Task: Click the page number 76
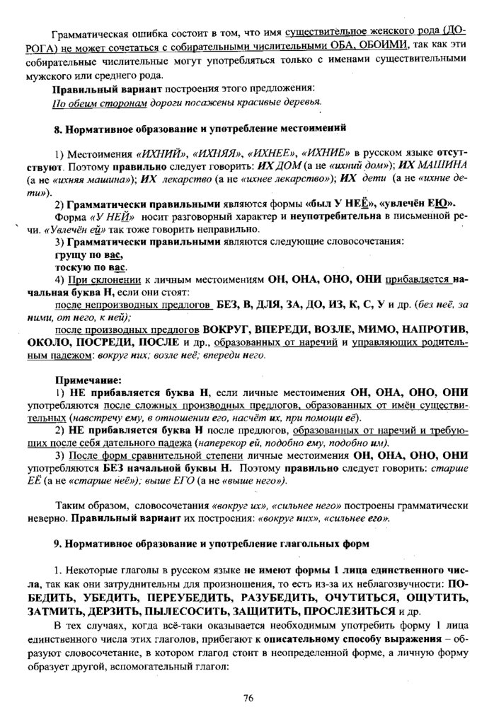(247, 698)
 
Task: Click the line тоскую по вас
(91, 269)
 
